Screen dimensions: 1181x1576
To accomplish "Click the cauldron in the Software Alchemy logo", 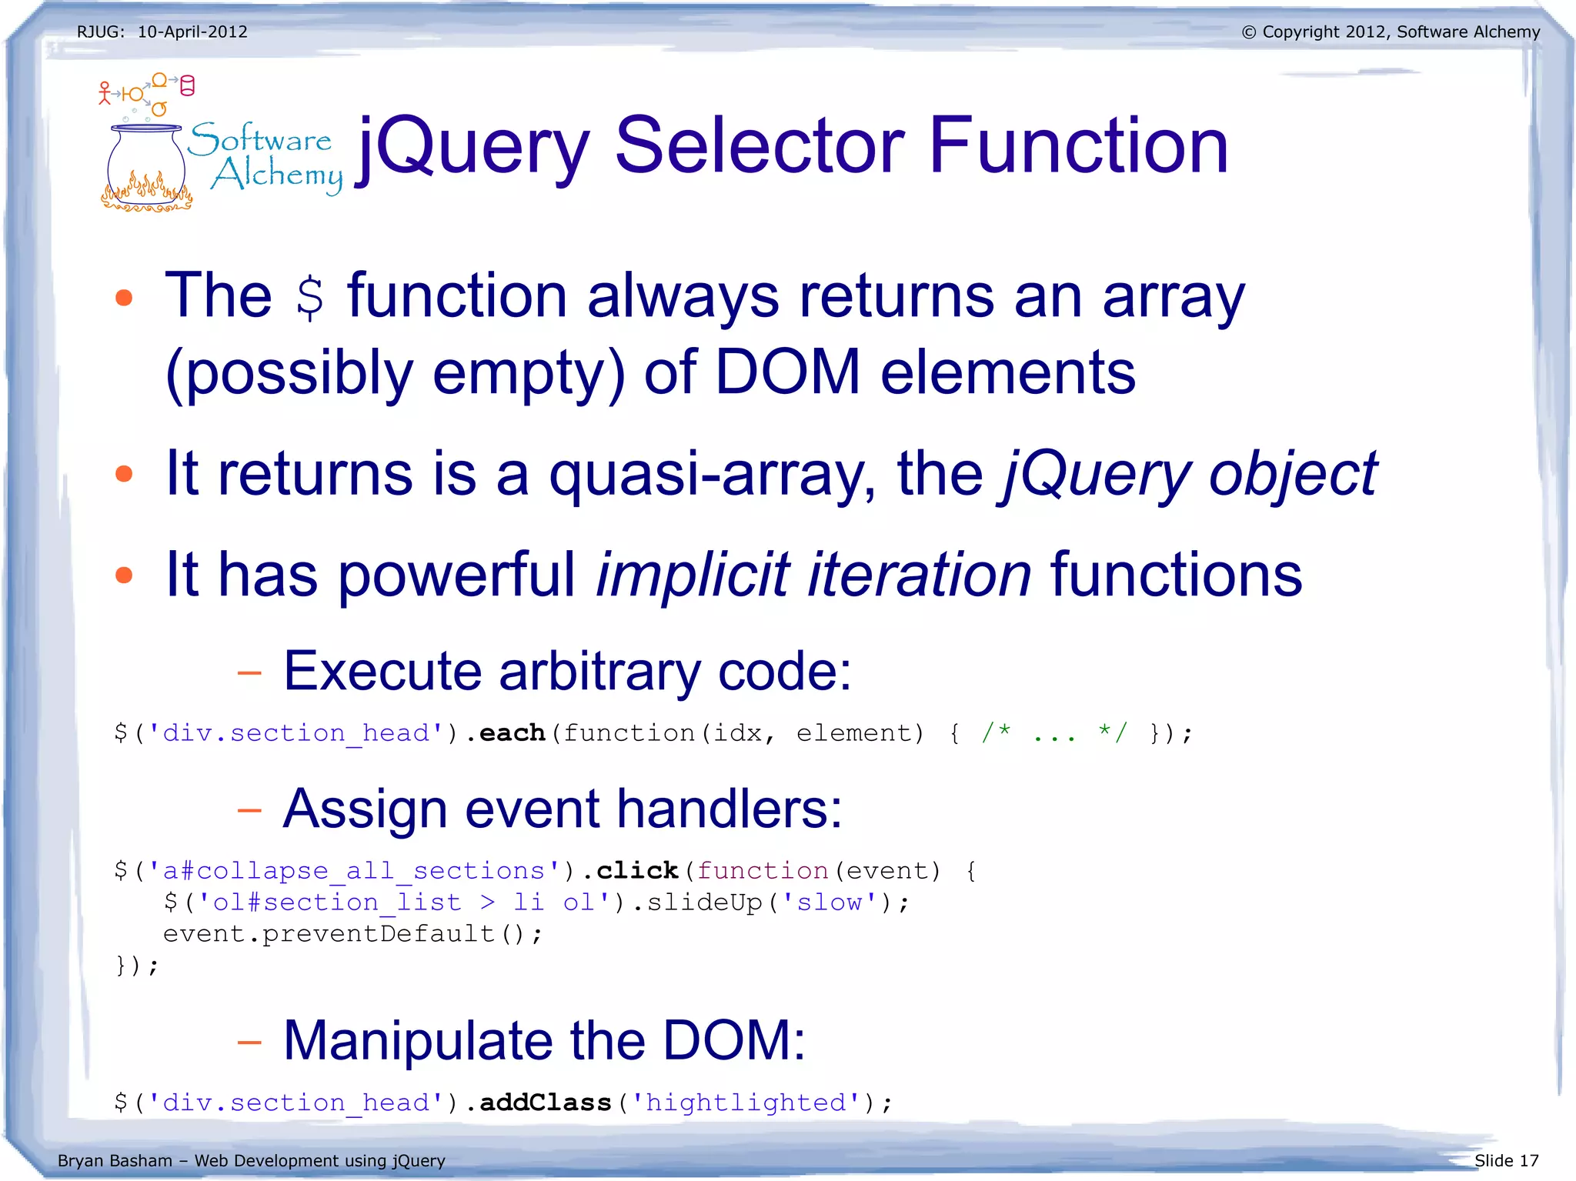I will click(x=146, y=165).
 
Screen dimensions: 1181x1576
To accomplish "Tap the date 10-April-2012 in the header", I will click(x=192, y=32).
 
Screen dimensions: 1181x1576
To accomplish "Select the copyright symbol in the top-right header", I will click(x=1248, y=32).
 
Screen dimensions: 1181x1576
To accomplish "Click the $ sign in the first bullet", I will click(x=310, y=298).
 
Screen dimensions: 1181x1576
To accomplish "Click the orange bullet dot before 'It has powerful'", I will click(x=124, y=575).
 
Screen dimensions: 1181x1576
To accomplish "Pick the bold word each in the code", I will click(x=512, y=733).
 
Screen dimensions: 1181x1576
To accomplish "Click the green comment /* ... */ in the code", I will click(x=1054, y=733).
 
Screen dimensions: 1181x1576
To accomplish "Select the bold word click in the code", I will click(x=637, y=871).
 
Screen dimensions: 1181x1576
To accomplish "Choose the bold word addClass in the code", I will click(x=545, y=1103).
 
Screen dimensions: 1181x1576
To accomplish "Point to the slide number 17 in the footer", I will click(x=1529, y=1160).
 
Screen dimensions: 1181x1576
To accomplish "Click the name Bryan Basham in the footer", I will click(x=115, y=1160).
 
